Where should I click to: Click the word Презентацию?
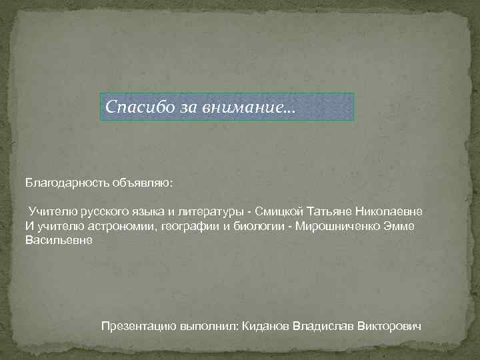click(137, 327)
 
